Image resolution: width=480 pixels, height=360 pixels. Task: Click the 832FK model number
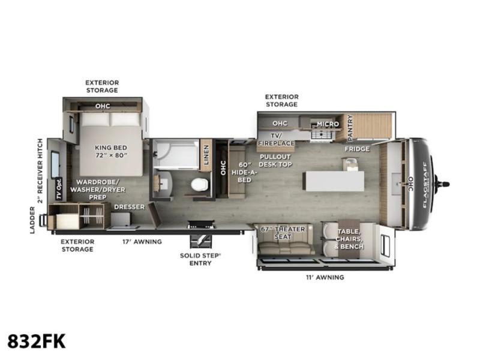(37, 341)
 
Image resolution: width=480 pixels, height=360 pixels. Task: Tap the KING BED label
(111, 148)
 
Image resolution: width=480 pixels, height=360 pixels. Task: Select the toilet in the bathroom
(200, 184)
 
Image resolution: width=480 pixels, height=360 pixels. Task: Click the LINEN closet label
(206, 155)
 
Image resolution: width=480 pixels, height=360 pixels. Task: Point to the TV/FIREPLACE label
(276, 139)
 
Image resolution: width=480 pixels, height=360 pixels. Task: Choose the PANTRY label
(350, 128)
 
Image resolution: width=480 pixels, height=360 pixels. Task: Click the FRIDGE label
(357, 149)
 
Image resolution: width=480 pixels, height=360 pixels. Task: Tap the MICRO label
(328, 124)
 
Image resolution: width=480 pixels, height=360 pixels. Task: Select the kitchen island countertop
(334, 181)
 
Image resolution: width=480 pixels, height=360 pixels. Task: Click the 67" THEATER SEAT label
(283, 233)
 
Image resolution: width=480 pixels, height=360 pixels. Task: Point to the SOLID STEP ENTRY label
(200, 259)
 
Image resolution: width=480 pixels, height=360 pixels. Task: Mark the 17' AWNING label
(142, 242)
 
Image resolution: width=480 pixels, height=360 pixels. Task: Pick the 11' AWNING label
(325, 277)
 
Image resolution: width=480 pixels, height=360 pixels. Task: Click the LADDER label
(32, 220)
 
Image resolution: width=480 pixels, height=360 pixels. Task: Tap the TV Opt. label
(59, 189)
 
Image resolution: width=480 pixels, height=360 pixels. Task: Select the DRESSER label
(129, 207)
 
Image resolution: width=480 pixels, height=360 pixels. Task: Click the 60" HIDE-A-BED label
(244, 172)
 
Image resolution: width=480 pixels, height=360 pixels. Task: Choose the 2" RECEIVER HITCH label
(40, 171)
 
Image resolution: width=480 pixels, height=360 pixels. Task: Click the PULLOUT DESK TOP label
(275, 161)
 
